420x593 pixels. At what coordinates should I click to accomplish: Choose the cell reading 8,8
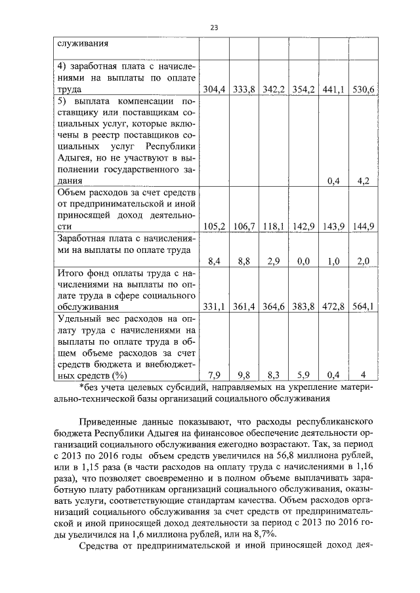click(243, 261)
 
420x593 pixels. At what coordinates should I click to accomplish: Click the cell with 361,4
click(243, 306)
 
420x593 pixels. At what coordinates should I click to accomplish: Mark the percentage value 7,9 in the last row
click(214, 375)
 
